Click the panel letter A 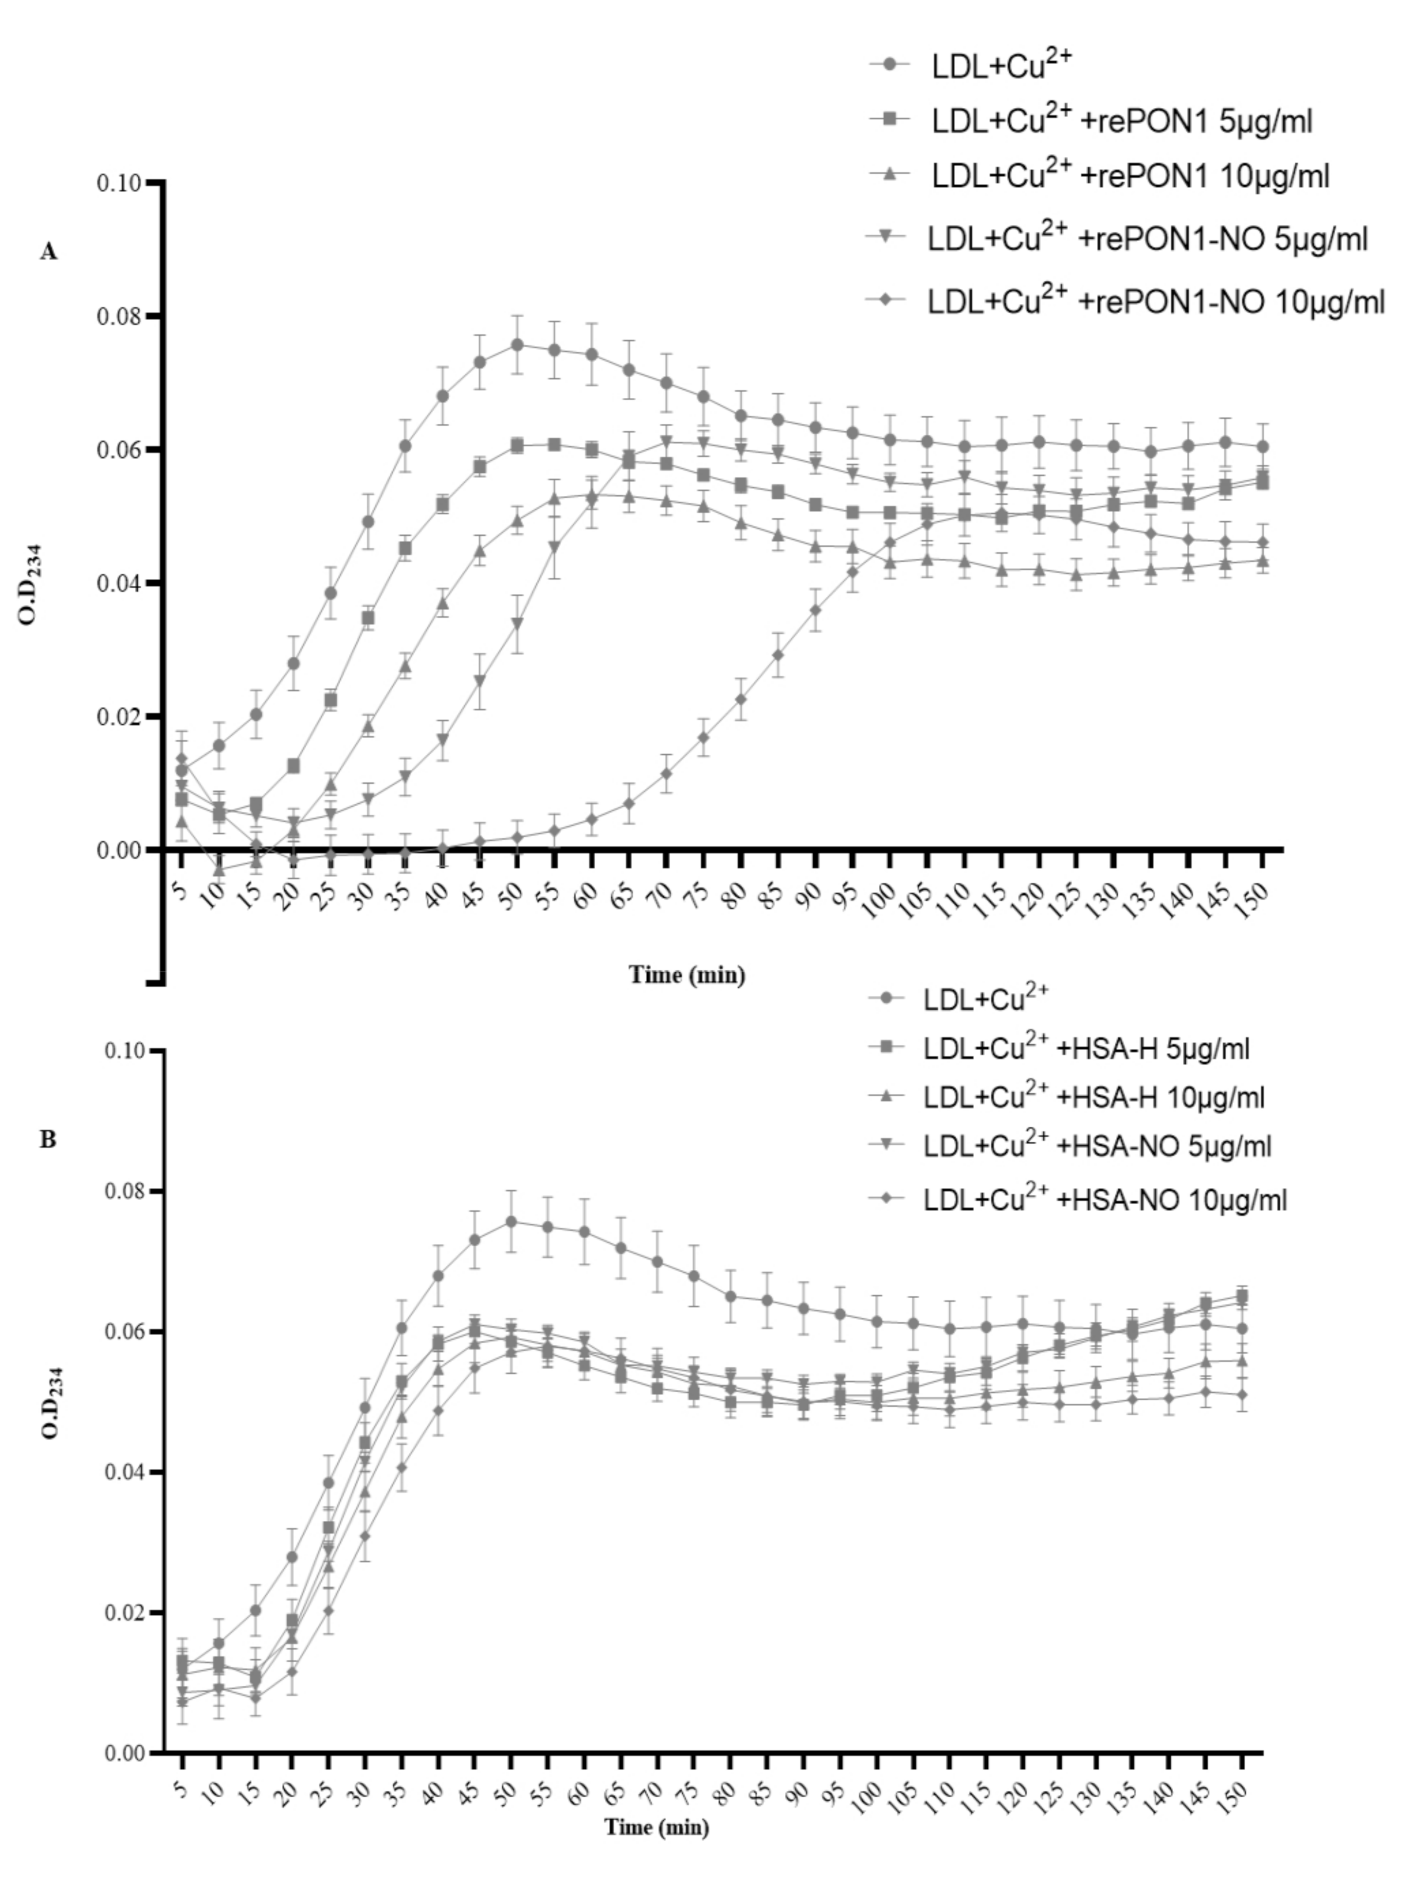pos(49,252)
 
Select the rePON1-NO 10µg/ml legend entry pos(1155,301)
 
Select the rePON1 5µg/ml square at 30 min pos(368,618)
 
